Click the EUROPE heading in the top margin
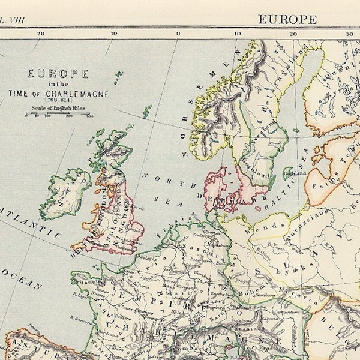pos(287,19)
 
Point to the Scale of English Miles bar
pos(58,115)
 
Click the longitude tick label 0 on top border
pos(178,34)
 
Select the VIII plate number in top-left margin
pos(11,19)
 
